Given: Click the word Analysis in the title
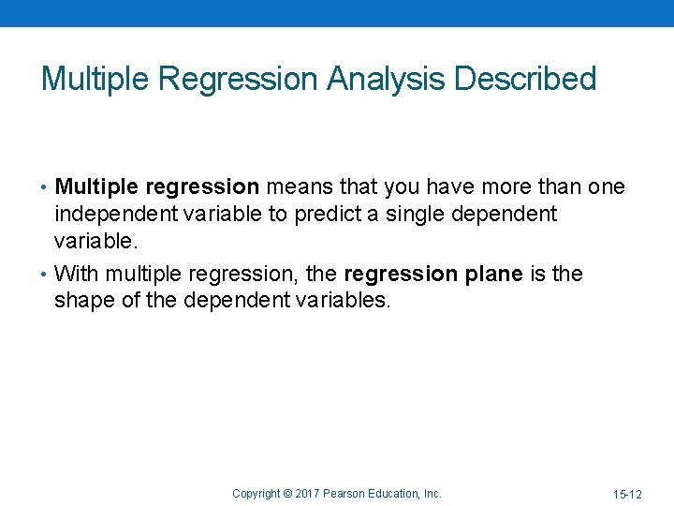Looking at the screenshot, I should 387,80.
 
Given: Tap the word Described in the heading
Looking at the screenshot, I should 525,80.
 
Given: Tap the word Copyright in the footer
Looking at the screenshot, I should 256,494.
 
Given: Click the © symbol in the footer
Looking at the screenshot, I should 287,494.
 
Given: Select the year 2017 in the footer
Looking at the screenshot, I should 306,494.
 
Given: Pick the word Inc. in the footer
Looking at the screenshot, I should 431,494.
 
